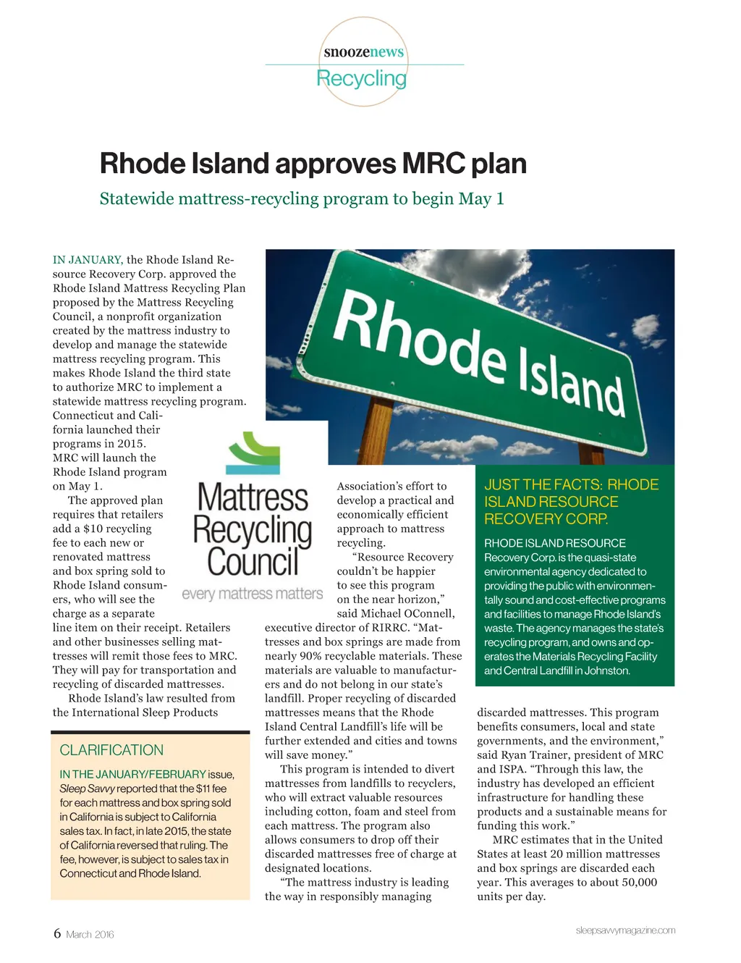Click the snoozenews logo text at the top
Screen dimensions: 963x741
click(x=363, y=52)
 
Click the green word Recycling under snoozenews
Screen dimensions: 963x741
click(x=361, y=78)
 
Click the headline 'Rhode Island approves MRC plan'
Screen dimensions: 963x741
click(x=313, y=164)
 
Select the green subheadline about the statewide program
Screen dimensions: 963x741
click(x=301, y=198)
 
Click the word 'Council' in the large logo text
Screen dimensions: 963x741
click(x=253, y=562)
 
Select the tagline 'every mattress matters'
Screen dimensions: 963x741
click(x=252, y=594)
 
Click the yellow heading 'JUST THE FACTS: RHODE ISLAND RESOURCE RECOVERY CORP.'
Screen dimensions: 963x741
click(x=571, y=502)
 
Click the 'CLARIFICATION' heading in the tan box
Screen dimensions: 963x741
click(x=111, y=750)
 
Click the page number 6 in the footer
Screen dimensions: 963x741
click(x=57, y=933)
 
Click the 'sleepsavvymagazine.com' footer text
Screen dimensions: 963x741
click(x=625, y=930)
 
